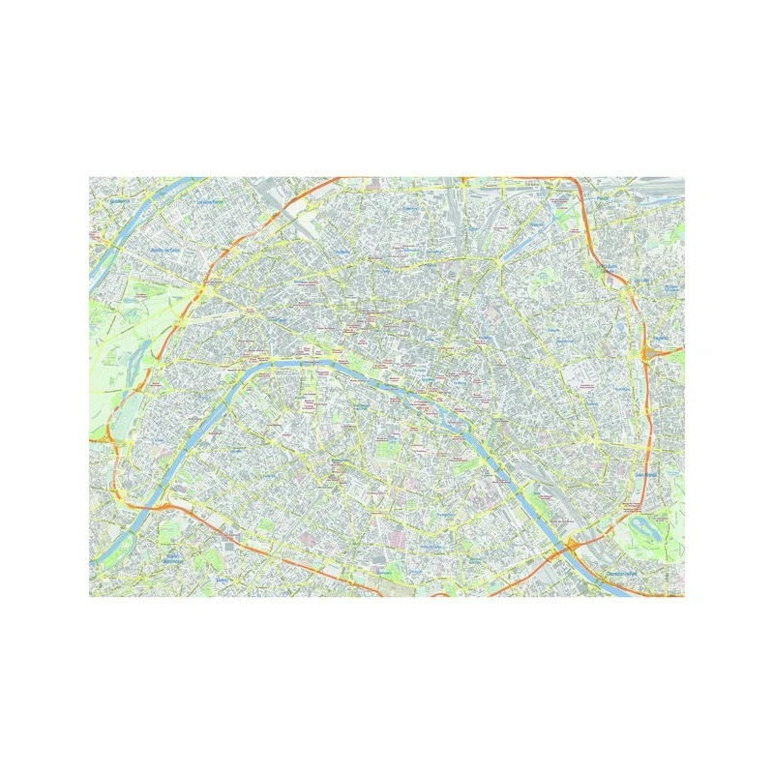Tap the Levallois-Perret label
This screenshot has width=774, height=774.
(206, 202)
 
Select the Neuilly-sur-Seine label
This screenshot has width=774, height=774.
(165, 251)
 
